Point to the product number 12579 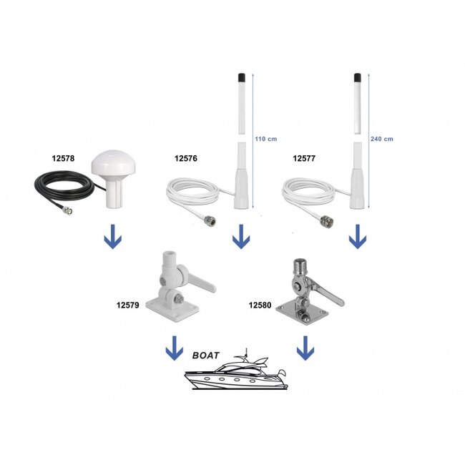click(128, 304)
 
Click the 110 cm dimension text click(266, 139)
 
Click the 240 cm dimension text click(383, 139)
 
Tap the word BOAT click(207, 355)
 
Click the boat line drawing click(236, 374)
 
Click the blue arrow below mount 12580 click(305, 348)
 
